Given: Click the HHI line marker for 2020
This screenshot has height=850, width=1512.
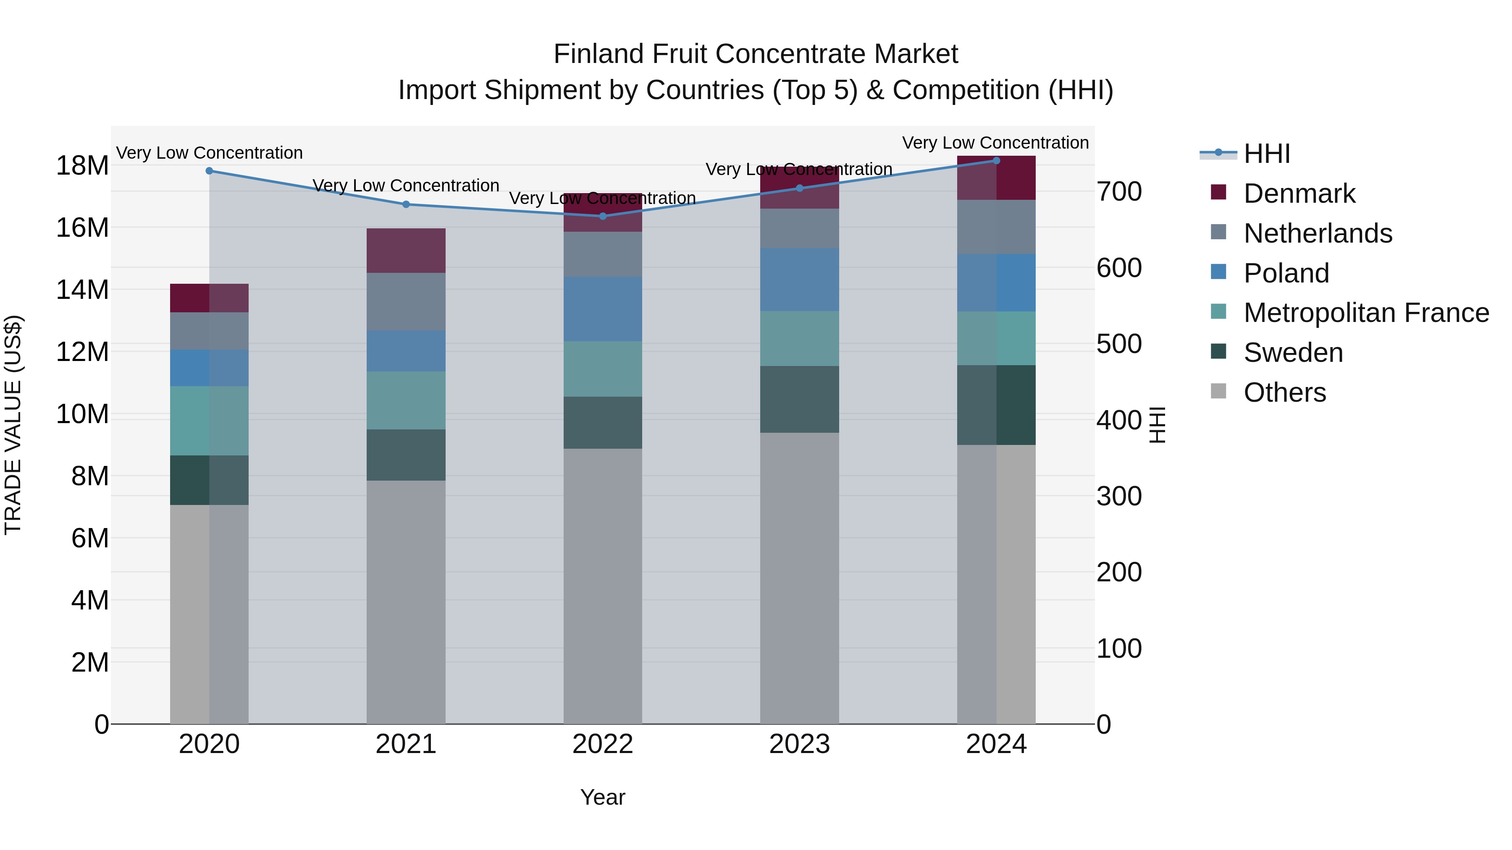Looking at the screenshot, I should click(x=209, y=171).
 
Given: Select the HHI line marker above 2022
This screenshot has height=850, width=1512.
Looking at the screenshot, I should click(x=602, y=216).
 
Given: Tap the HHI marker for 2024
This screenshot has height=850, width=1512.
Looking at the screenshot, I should click(x=996, y=160).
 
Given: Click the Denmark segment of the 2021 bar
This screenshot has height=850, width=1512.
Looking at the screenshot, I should click(x=406, y=251).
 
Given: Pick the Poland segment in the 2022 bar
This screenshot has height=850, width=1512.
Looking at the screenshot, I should click(x=602, y=309).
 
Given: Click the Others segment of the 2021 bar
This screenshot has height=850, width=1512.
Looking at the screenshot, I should click(x=406, y=601).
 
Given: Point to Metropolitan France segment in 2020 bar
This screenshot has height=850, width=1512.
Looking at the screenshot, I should click(x=209, y=421).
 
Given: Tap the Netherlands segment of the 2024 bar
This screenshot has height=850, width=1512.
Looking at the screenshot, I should click(x=996, y=227).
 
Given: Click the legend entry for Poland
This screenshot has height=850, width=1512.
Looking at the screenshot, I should click(x=1286, y=273).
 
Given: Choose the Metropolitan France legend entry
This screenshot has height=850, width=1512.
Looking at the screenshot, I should click(x=1365, y=313).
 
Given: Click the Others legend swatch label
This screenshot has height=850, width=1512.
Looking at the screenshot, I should click(x=1284, y=392).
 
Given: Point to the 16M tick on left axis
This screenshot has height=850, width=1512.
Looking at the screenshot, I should click(x=82, y=228).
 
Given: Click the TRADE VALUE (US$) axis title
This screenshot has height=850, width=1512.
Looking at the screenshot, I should click(x=13, y=425).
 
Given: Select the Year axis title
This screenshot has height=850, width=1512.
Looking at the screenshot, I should click(x=602, y=797).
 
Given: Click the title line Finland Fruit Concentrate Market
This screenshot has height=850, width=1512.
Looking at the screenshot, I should click(x=756, y=54).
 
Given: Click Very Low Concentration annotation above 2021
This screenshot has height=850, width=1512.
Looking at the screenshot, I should click(x=406, y=186).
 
